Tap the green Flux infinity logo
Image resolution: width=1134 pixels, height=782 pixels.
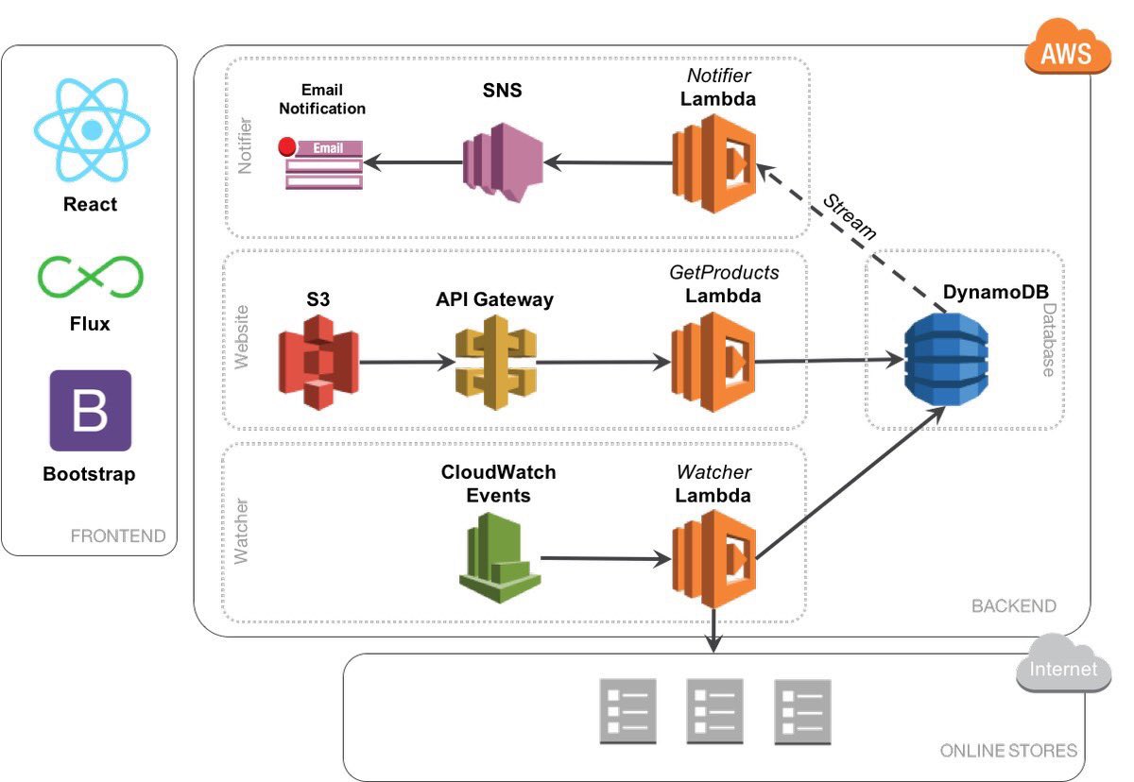[x=90, y=276]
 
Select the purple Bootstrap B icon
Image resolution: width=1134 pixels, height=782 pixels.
[x=91, y=410]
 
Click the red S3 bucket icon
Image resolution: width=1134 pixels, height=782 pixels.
[x=318, y=362]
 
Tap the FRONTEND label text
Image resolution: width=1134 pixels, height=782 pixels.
[x=118, y=536]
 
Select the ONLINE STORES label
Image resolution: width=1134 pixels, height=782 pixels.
[x=1008, y=751]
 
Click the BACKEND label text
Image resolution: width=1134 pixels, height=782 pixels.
[x=1014, y=605]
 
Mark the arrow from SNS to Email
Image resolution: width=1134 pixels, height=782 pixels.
[x=412, y=162]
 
